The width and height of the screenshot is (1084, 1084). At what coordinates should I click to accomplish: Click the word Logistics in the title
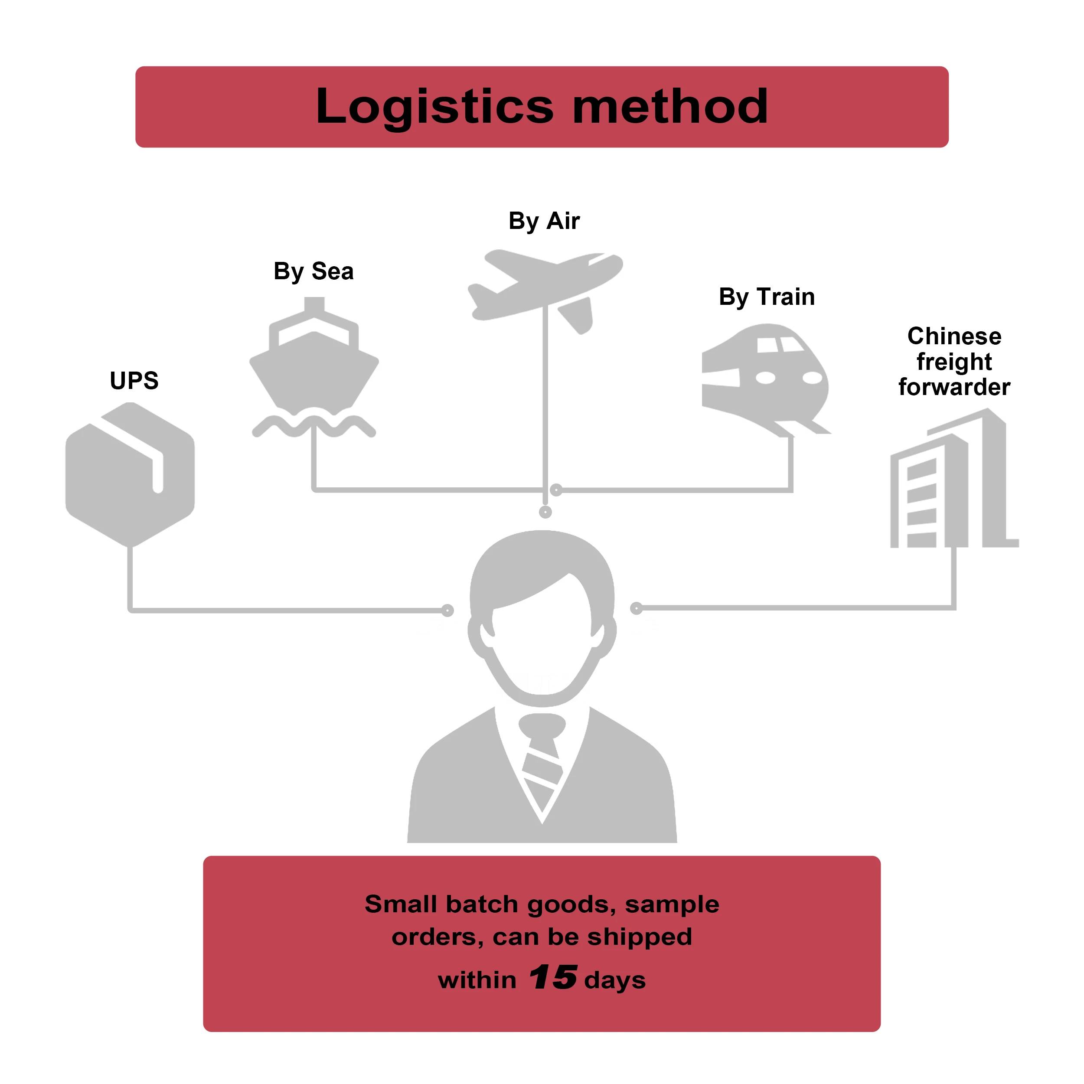pyautogui.click(x=435, y=108)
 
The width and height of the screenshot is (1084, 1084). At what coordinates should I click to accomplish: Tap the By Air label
pyautogui.click(x=544, y=221)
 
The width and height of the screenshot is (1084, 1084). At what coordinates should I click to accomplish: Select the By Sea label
pyautogui.click(x=313, y=271)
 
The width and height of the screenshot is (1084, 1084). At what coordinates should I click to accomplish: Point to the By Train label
pyautogui.click(x=767, y=297)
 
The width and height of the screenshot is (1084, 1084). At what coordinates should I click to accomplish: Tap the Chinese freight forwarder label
pyautogui.click(x=954, y=361)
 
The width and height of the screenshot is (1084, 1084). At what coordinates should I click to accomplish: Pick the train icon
pyautogui.click(x=765, y=380)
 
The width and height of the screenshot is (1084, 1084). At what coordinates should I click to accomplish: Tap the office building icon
pyautogui.click(x=954, y=478)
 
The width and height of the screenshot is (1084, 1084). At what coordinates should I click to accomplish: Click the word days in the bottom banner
pyautogui.click(x=615, y=981)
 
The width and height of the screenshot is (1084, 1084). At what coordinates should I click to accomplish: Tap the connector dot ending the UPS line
pyautogui.click(x=447, y=611)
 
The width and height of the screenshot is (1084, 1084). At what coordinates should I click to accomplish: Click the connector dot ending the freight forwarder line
pyautogui.click(x=636, y=608)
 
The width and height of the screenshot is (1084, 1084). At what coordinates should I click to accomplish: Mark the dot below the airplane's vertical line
pyautogui.click(x=545, y=512)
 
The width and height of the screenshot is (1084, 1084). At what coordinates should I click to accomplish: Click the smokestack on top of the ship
pyautogui.click(x=314, y=305)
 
